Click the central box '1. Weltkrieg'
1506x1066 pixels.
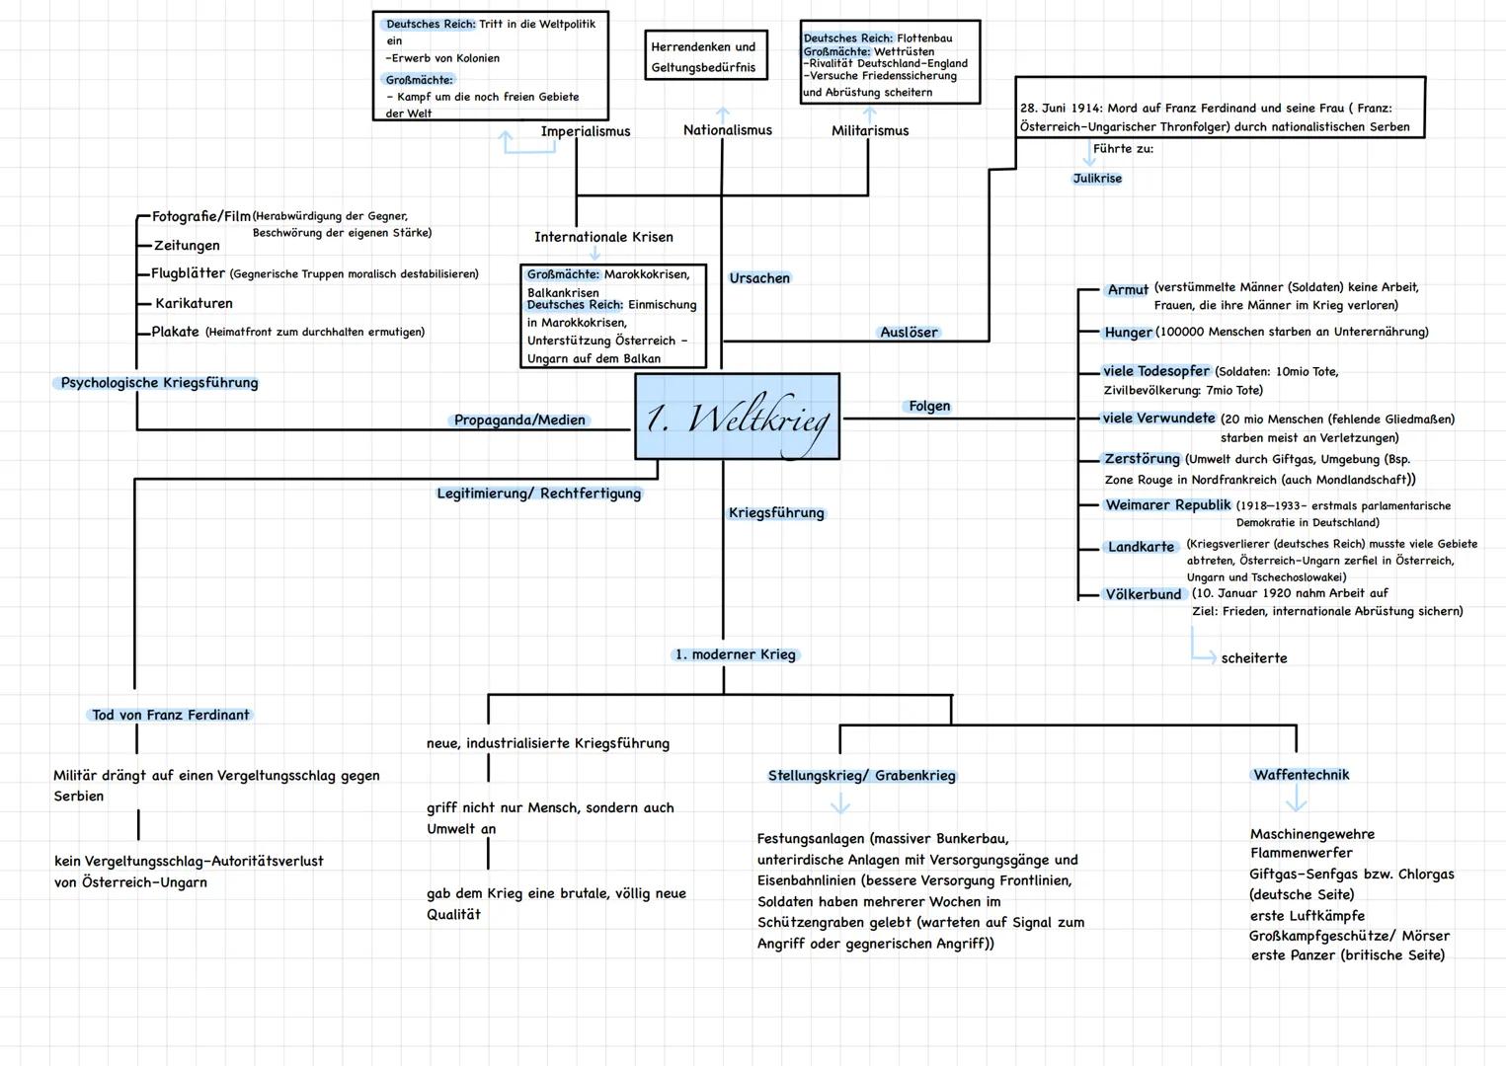pos(737,417)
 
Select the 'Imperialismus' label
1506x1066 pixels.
pos(586,131)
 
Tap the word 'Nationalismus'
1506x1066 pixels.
pos(728,130)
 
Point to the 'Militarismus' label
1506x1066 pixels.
pos(870,130)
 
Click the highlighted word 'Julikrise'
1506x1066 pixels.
pos(1097,179)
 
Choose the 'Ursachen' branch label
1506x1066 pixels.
pos(759,278)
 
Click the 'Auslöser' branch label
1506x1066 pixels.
pos(909,333)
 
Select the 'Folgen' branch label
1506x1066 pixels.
pos(929,406)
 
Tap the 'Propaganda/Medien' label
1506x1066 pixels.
pos(520,420)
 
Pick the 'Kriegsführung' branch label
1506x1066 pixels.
pos(776,513)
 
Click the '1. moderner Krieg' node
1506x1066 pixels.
pos(736,654)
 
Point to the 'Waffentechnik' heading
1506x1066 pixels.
pos(1302,775)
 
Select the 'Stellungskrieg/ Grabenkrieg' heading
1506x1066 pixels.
pos(862,776)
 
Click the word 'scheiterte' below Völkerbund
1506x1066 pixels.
pos(1254,658)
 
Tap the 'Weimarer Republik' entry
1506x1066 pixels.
pos(1168,505)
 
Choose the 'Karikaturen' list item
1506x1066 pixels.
pos(194,303)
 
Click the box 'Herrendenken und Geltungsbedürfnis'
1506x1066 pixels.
pos(704,57)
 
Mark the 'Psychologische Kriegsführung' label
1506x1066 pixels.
pos(159,383)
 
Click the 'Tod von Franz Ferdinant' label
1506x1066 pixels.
pos(171,715)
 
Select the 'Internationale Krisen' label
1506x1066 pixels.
pos(603,237)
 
